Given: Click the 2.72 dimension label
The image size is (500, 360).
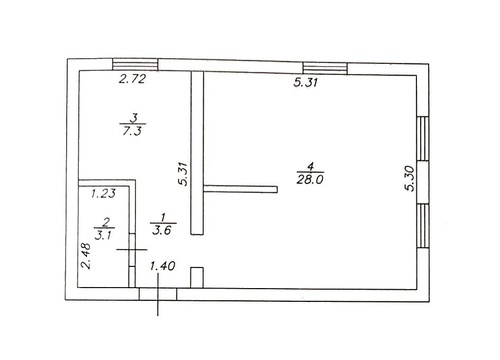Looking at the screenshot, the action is click(x=132, y=79).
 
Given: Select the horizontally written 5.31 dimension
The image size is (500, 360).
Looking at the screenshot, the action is click(x=306, y=82).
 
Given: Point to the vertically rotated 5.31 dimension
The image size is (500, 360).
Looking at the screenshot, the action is click(x=183, y=174).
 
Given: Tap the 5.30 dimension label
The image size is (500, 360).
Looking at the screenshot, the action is click(x=410, y=179).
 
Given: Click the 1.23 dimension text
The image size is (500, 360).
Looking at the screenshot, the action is click(x=104, y=193).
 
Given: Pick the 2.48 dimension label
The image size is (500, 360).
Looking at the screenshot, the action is click(x=86, y=256).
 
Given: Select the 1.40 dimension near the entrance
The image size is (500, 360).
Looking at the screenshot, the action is click(x=163, y=266).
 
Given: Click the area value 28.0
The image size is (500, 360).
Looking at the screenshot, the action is click(x=310, y=180).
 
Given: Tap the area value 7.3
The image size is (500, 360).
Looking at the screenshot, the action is click(x=132, y=131).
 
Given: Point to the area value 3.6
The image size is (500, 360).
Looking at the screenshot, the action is click(x=162, y=230).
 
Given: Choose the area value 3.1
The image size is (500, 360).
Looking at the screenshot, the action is click(x=104, y=235).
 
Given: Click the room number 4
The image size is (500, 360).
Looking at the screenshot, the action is click(x=310, y=166).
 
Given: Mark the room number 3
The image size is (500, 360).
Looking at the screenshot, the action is click(x=135, y=118).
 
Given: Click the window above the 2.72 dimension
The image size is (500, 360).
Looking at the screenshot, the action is click(x=135, y=64).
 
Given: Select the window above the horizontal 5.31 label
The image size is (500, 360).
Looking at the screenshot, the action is click(x=325, y=68).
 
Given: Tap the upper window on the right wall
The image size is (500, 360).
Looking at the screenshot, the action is click(x=423, y=138).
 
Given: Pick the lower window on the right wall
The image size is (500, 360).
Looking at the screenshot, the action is click(x=423, y=226).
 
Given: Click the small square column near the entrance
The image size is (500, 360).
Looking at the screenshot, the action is click(x=197, y=277).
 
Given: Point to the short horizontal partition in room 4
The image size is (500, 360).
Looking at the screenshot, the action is click(x=240, y=189).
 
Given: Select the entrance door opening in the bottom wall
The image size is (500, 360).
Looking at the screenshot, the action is click(x=158, y=294).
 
